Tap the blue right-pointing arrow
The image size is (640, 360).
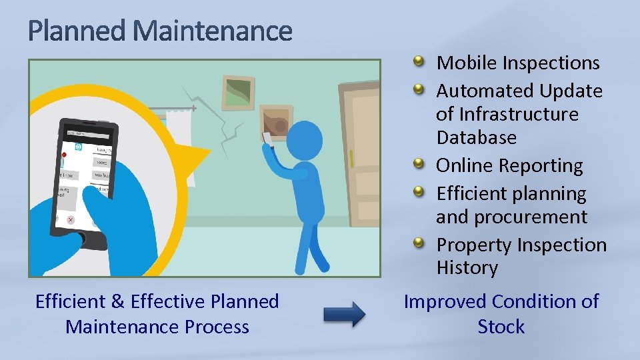tap(344, 313)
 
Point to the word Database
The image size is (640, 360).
tap(476, 137)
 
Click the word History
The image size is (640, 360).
tap(467, 268)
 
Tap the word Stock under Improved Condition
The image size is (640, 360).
tap(501, 327)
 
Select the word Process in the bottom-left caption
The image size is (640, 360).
tap(219, 327)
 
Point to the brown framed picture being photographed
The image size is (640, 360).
tap(276, 123)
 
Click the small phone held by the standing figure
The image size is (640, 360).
tap(268, 139)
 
